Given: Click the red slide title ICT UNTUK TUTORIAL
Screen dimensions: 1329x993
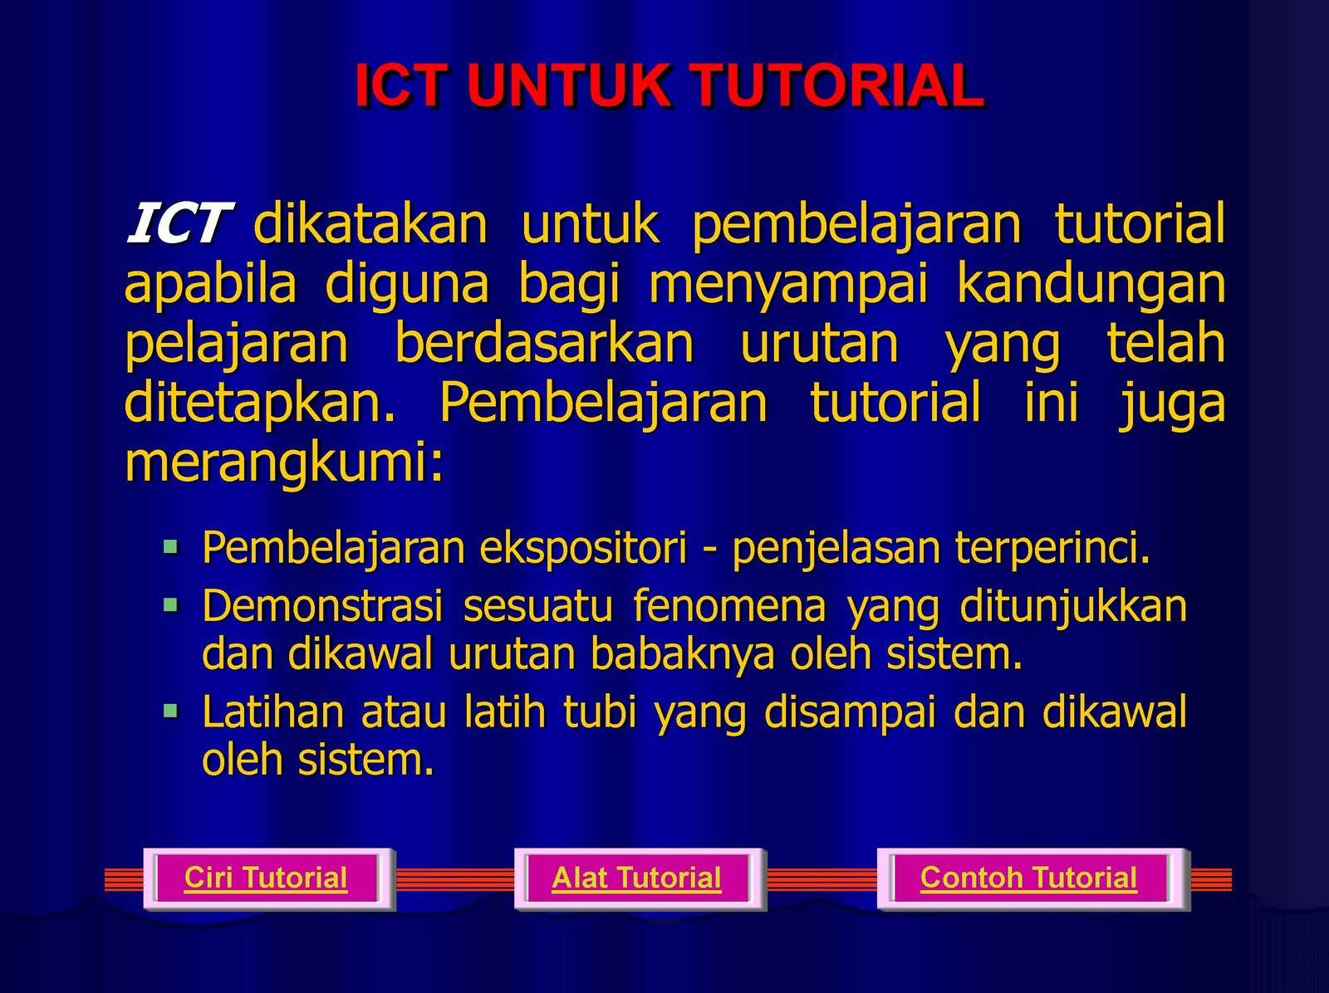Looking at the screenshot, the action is (669, 86).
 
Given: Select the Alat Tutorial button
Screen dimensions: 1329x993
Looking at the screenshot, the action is (640, 878).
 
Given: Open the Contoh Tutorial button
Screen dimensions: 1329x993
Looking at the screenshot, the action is (1033, 878).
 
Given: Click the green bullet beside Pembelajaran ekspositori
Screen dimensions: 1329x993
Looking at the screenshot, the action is (171, 548).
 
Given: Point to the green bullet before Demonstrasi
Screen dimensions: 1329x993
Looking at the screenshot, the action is (171, 605).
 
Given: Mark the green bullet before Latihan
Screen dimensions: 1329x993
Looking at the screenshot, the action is (171, 711).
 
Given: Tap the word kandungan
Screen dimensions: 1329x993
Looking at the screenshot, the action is (1091, 286).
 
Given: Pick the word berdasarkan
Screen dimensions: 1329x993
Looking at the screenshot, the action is (544, 343).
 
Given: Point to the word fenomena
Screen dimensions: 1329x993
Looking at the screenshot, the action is (729, 606).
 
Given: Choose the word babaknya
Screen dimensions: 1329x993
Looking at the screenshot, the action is (683, 656).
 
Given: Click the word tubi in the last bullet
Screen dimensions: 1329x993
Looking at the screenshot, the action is (600, 712).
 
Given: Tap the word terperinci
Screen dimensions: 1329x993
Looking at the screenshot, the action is (1052, 548).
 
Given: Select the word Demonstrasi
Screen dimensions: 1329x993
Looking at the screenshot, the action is (322, 606).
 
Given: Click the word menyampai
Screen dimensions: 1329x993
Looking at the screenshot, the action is (788, 286).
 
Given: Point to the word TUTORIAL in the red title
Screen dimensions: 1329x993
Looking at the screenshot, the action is (838, 86).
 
